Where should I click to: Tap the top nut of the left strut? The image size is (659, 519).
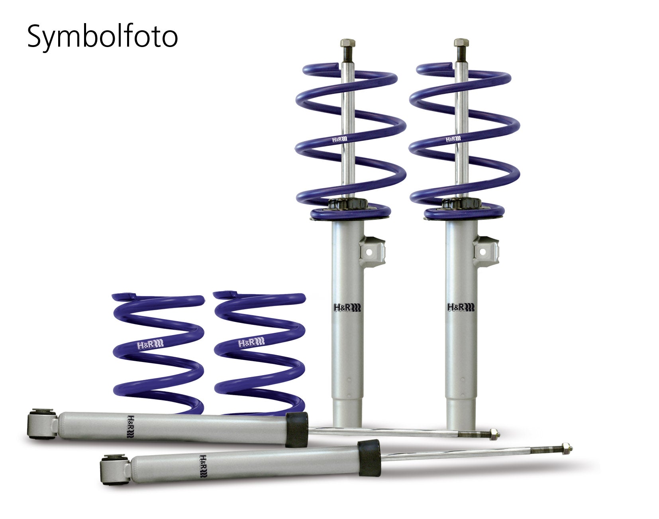coord(347,43)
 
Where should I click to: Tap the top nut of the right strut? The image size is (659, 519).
coord(461,43)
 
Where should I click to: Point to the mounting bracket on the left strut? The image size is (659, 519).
coord(373,252)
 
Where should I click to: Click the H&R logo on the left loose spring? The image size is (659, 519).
coord(150,344)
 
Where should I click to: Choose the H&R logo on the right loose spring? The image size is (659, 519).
coord(251,343)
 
